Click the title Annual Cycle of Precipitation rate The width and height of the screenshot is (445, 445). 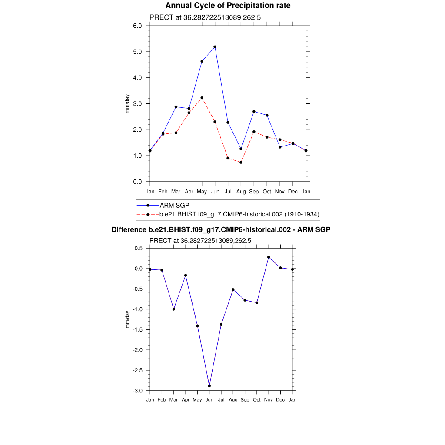point(228,6)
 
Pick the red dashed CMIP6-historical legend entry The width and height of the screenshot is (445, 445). point(239,214)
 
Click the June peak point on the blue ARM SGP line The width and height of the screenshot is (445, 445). point(215,47)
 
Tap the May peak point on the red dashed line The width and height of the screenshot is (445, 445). point(202,98)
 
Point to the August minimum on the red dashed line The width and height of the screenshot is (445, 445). point(241,163)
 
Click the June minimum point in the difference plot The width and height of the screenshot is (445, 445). point(209,386)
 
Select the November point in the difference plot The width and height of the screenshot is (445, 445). point(269,257)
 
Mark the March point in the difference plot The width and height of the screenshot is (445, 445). point(174,309)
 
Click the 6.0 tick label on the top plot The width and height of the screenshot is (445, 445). point(137,26)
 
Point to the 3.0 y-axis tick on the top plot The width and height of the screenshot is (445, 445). point(137,103)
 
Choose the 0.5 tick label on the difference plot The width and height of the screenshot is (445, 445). point(139,248)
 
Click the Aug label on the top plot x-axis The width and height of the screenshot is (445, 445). point(241,191)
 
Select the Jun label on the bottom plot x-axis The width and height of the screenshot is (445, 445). point(209,400)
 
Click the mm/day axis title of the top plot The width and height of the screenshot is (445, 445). point(127,103)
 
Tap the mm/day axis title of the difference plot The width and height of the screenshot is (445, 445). point(127,319)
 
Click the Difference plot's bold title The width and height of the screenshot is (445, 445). point(221,229)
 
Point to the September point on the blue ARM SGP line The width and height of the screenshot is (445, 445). point(254,112)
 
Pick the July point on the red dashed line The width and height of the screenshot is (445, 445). point(228,158)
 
